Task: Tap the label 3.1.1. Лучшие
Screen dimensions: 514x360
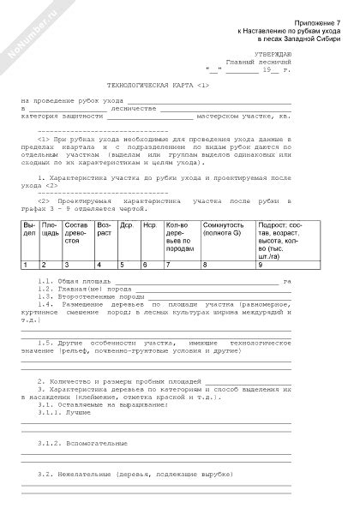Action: pyautogui.click(x=63, y=412)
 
